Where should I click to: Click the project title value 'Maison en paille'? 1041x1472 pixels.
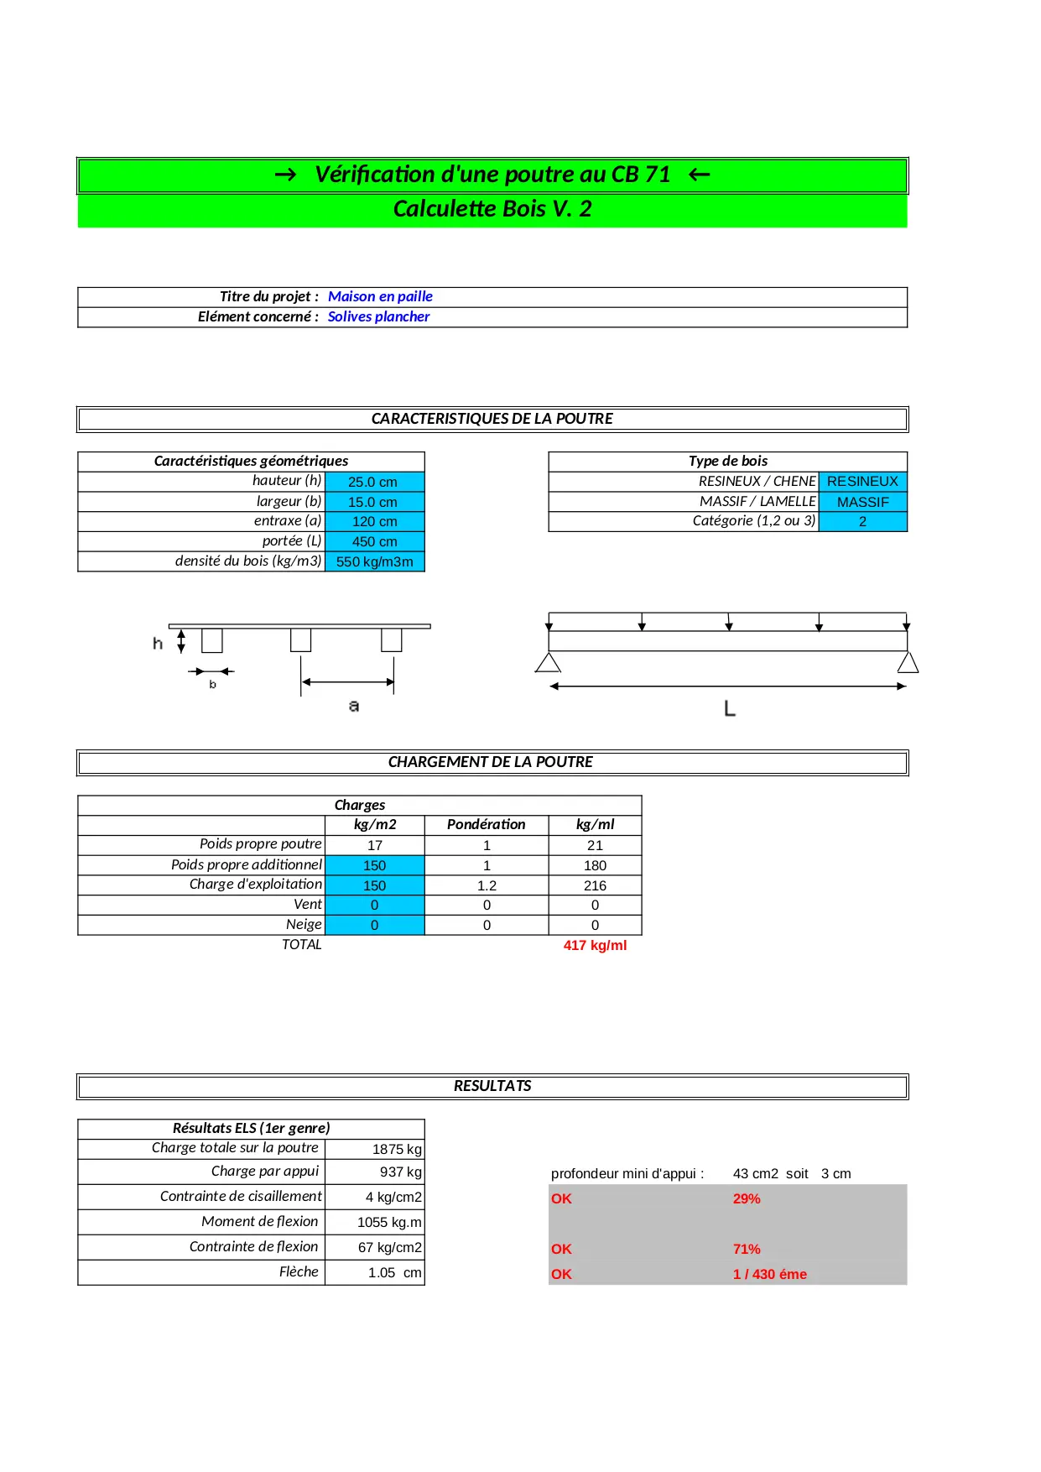[x=380, y=296]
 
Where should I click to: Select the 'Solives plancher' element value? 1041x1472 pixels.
[x=378, y=316]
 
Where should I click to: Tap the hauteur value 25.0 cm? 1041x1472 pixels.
[x=373, y=482]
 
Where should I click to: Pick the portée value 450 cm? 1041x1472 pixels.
[x=374, y=541]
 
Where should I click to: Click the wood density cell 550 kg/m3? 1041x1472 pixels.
[x=374, y=561]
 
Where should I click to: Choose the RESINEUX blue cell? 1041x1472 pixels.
[x=862, y=481]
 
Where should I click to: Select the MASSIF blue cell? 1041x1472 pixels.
[x=862, y=502]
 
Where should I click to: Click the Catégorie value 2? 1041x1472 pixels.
[x=862, y=521]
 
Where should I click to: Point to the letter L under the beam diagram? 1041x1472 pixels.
[x=730, y=709]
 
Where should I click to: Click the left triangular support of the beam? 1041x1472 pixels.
[x=548, y=663]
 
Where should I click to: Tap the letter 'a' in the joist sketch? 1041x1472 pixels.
[x=354, y=706]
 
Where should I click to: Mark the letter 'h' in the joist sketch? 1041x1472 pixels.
[x=158, y=644]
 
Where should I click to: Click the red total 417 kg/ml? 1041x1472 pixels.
[x=595, y=945]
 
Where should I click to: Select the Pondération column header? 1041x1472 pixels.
[x=486, y=824]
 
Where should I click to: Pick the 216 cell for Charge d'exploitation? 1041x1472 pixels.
[x=595, y=885]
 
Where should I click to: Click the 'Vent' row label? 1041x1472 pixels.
[x=307, y=904]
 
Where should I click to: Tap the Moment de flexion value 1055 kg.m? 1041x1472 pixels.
[x=389, y=1222]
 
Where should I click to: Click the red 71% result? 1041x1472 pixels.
[x=747, y=1249]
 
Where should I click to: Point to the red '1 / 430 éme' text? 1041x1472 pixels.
[x=769, y=1274]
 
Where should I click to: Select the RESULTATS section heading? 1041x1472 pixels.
[x=492, y=1086]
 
